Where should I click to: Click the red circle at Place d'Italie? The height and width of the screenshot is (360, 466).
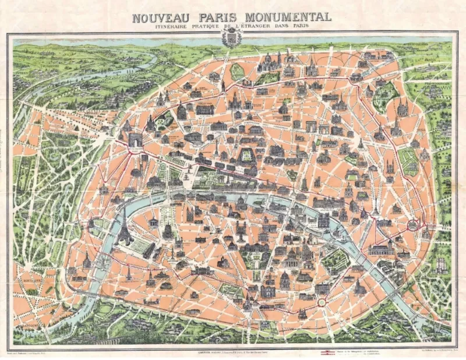pyautogui.click(x=320, y=302)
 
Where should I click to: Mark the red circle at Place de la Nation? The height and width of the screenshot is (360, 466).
pyautogui.click(x=415, y=224)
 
